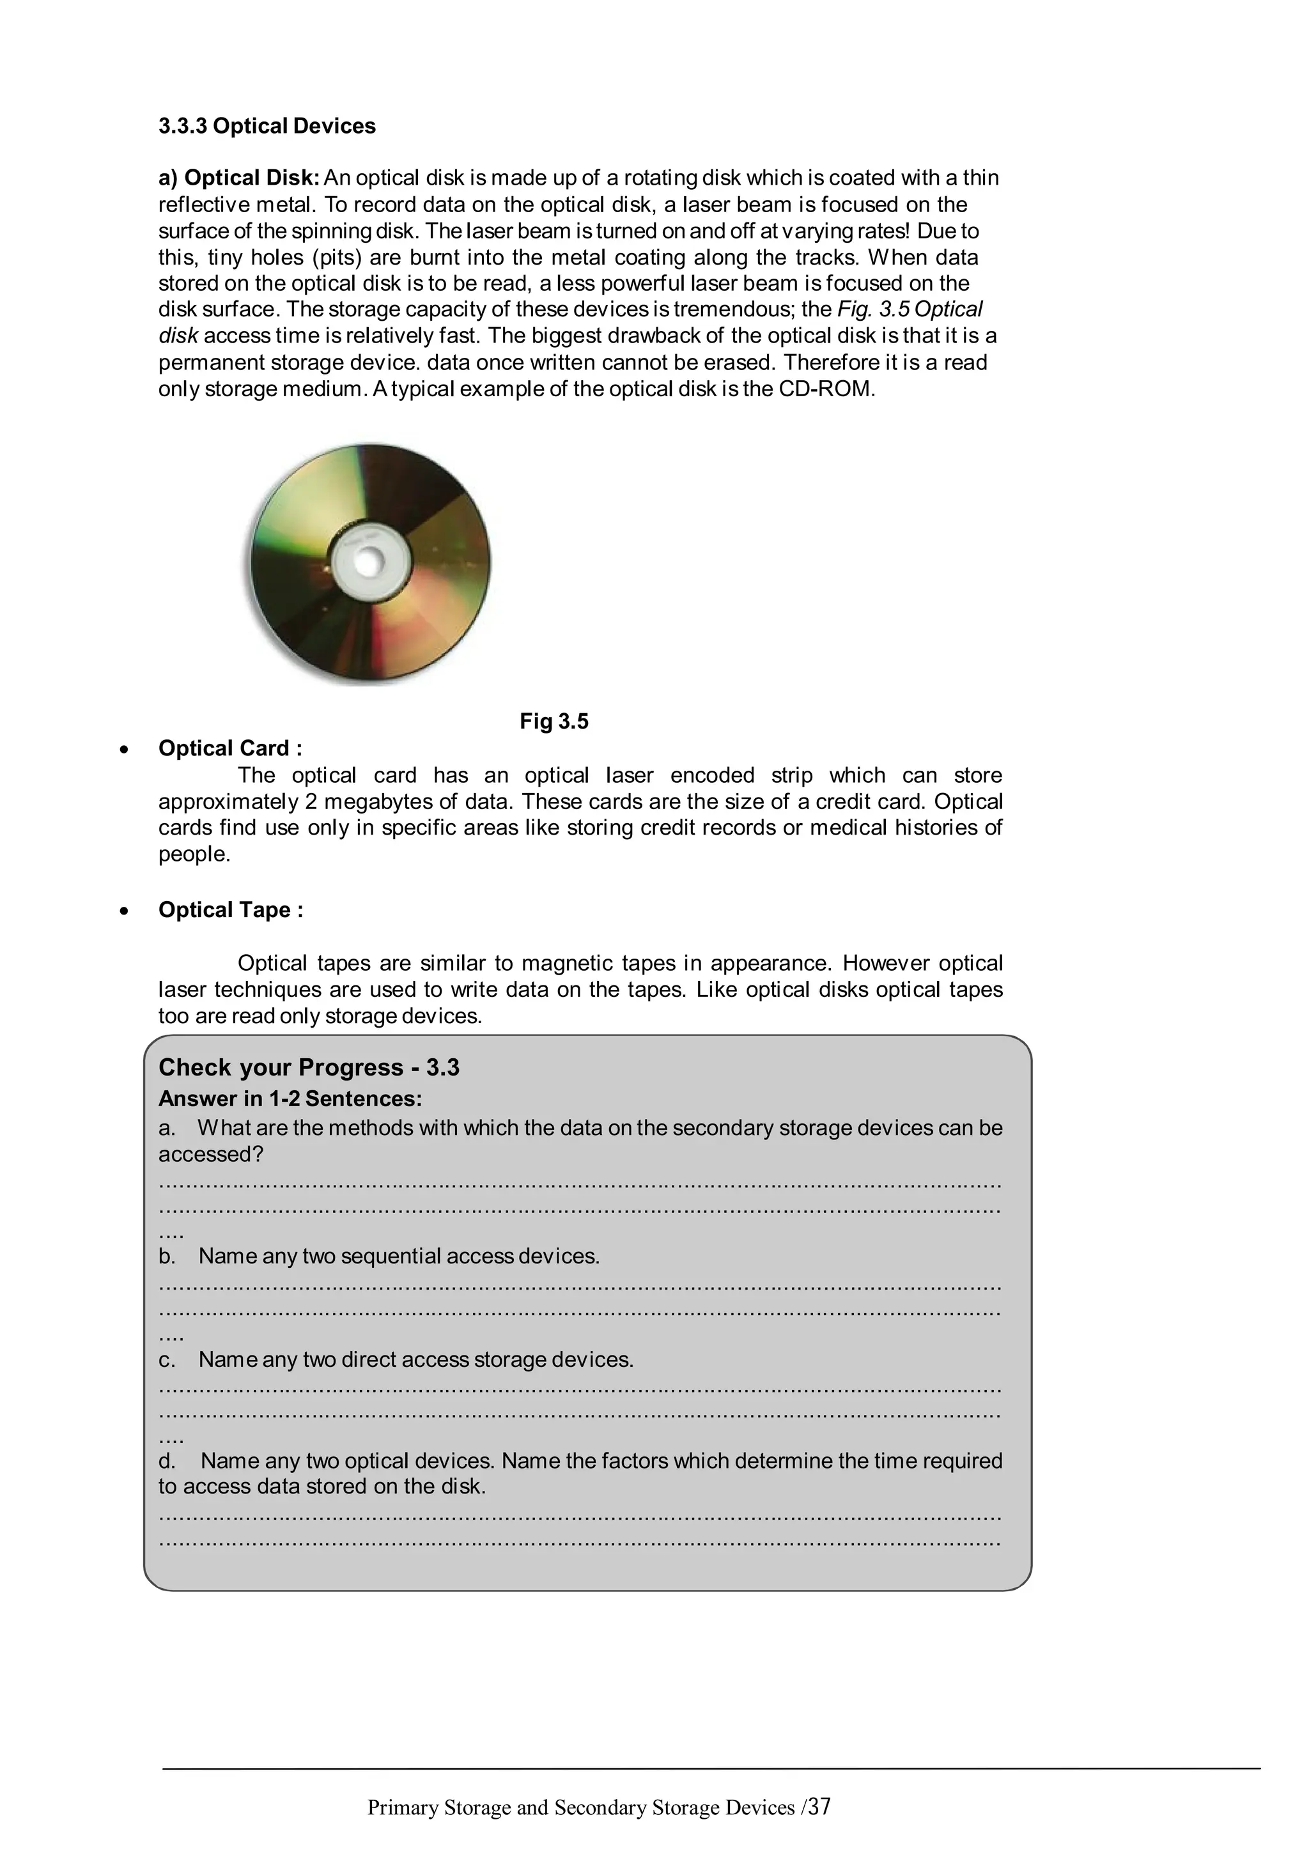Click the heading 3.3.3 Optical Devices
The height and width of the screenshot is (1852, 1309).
click(267, 126)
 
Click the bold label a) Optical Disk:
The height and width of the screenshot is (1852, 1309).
click(240, 178)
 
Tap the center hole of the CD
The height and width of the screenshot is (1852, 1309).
click(367, 563)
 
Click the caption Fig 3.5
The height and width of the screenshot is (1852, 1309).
click(554, 721)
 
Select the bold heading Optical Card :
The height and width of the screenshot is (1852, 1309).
click(230, 748)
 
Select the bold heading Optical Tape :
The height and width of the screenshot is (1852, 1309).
click(231, 910)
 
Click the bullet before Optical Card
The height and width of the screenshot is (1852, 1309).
click(123, 750)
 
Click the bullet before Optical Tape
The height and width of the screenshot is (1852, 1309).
click(123, 911)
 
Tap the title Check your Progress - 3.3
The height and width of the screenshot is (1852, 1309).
click(309, 1067)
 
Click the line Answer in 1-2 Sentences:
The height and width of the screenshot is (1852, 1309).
click(290, 1099)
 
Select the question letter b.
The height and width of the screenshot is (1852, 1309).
click(166, 1256)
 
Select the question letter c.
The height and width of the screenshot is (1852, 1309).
click(166, 1359)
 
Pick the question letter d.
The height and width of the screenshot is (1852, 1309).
click(166, 1461)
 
